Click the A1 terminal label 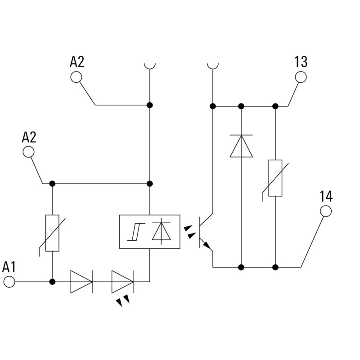9,267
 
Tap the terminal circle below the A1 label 9,282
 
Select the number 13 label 301,62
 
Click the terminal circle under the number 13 301,77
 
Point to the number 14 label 326,196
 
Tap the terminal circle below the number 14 325,211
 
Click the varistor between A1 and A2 52,233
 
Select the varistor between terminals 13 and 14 275,178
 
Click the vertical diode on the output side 241,146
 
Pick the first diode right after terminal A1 81,282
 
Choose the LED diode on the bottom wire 122,282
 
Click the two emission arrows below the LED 122,301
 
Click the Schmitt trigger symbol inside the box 134,232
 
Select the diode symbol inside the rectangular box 160,232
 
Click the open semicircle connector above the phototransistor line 212,66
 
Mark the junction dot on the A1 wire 52,282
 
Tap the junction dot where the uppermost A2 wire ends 150,105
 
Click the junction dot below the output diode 241,267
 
